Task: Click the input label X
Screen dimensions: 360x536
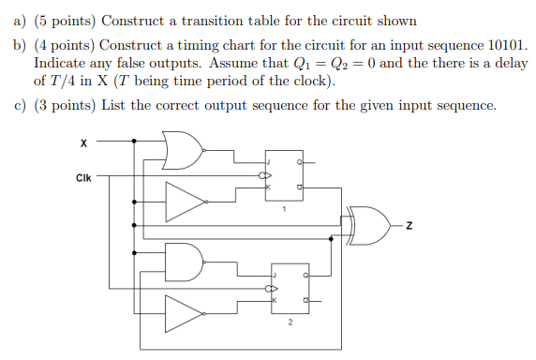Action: coord(83,143)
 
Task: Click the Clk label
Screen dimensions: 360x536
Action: coord(84,175)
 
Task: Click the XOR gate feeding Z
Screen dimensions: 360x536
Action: coord(371,225)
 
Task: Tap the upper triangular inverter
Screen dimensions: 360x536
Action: coord(185,199)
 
